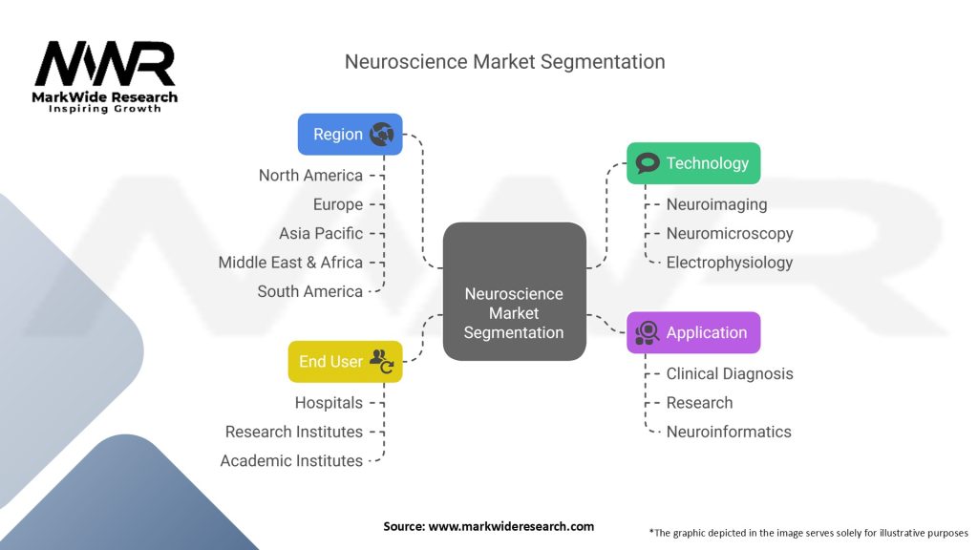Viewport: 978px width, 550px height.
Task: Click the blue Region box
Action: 350,135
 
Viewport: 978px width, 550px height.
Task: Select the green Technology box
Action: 693,163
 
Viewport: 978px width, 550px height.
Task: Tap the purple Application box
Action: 693,332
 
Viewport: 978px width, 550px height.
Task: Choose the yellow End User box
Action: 345,362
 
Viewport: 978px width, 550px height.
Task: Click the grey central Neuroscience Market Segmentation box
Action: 514,292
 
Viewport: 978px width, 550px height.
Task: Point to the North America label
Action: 310,176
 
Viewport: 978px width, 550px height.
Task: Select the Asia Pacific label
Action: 321,233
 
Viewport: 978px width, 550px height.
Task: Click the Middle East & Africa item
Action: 290,263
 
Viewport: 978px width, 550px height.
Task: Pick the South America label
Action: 309,291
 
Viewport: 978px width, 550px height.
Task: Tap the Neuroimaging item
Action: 716,204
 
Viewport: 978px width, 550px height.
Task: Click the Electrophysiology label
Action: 730,263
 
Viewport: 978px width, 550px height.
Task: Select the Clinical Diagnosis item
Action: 730,373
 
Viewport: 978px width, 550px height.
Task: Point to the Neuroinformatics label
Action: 729,432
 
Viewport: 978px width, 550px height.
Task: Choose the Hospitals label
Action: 329,403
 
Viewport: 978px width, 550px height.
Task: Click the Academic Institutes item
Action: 291,461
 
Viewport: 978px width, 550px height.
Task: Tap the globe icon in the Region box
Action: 382,135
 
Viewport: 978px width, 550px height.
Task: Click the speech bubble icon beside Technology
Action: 648,163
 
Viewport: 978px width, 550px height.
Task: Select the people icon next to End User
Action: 382,361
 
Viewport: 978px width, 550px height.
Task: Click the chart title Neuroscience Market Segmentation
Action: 504,62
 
